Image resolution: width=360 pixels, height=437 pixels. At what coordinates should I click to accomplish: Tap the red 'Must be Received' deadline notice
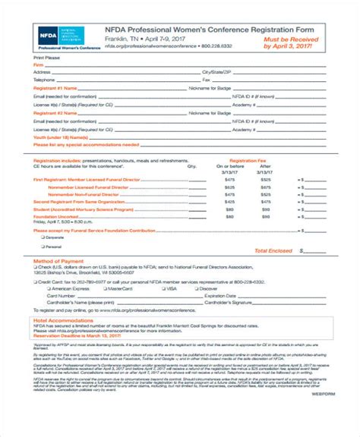(286, 41)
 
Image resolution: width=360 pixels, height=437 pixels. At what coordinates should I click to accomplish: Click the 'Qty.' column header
(191, 165)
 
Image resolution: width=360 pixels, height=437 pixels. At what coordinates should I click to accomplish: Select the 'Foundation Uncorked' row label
(55, 215)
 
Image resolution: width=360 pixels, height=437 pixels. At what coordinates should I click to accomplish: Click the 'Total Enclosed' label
(273, 250)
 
